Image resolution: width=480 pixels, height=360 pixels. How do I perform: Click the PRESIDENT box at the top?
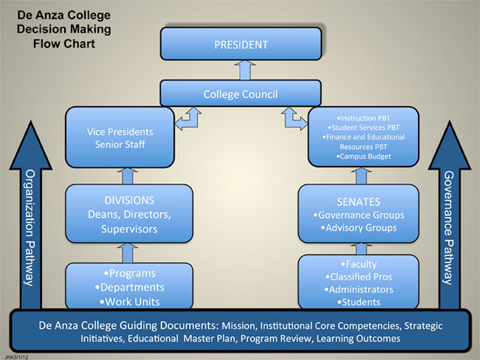click(241, 44)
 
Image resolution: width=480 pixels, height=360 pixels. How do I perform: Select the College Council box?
click(241, 94)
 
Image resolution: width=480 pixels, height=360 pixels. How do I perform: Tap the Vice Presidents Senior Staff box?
click(119, 136)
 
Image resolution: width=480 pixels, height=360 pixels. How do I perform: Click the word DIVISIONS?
click(128, 200)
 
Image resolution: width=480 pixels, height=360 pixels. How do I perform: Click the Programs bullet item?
click(128, 273)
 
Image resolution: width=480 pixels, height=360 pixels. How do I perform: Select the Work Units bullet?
click(128, 302)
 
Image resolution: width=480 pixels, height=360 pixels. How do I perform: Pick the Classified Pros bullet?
click(358, 277)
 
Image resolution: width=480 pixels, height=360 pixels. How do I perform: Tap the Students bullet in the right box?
click(358, 302)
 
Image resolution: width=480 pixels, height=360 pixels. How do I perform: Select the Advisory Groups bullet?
click(359, 228)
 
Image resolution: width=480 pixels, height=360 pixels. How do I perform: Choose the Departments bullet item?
click(128, 287)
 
